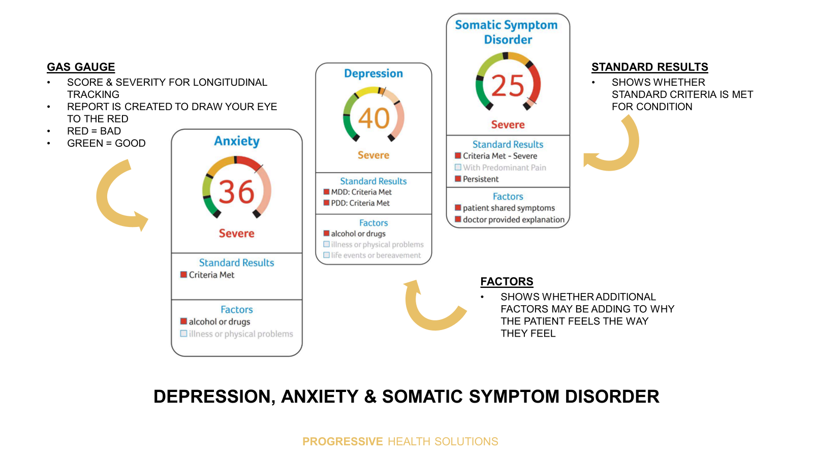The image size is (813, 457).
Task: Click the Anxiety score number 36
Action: click(x=236, y=191)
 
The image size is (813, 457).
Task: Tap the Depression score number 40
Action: click(x=373, y=118)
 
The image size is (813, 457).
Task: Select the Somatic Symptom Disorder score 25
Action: click(x=508, y=86)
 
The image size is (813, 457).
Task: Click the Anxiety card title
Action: click(x=237, y=141)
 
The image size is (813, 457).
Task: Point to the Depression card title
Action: click(x=373, y=73)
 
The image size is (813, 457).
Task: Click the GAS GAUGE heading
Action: click(x=81, y=67)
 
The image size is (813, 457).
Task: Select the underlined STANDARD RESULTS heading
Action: click(x=650, y=67)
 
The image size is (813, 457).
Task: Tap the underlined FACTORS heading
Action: click(x=507, y=281)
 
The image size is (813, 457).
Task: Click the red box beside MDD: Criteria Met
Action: click(x=326, y=192)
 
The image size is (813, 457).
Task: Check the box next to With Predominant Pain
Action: click(x=458, y=167)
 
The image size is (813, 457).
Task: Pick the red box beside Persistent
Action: click(x=458, y=179)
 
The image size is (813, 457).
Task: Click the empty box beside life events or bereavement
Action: click(x=326, y=255)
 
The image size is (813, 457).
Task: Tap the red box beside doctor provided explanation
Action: click(x=458, y=219)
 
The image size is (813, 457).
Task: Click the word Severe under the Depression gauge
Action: click(x=373, y=155)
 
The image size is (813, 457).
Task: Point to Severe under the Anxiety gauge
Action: click(x=237, y=233)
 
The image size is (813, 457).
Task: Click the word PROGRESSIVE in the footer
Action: click(x=342, y=441)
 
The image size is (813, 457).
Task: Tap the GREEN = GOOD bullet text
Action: click(x=106, y=143)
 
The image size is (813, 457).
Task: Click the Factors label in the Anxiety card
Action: click(x=237, y=309)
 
